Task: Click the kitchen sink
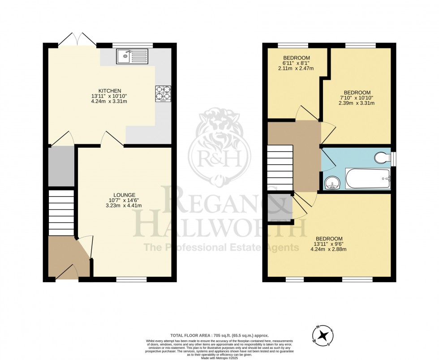[x=132, y=56]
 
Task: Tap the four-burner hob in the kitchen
[x=163, y=93]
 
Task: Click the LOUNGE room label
[x=125, y=195]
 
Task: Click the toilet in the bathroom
[x=382, y=158]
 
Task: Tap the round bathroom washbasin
[x=332, y=182]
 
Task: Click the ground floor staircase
[x=61, y=212]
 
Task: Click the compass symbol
[x=323, y=335]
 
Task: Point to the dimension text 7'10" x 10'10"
[x=357, y=98]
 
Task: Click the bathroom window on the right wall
[x=393, y=159]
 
